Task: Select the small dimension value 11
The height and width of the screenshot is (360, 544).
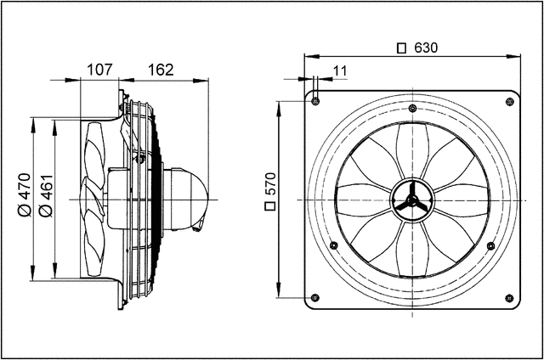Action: (340, 71)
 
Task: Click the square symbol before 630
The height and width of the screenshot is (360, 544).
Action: (402, 48)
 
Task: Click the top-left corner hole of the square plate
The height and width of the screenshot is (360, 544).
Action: (315, 101)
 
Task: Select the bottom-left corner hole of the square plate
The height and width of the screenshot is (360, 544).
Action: (315, 298)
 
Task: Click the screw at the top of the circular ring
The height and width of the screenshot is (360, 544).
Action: (412, 108)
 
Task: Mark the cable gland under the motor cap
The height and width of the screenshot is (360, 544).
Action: (201, 225)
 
